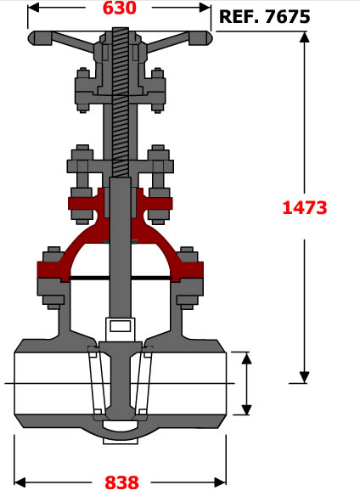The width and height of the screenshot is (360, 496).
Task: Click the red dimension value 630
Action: [x=120, y=8]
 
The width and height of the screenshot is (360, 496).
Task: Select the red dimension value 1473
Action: [x=305, y=208]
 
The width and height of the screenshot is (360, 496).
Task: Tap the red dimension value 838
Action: [x=121, y=482]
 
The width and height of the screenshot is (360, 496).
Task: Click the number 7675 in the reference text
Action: [x=287, y=17]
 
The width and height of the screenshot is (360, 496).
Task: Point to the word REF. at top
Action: [x=239, y=17]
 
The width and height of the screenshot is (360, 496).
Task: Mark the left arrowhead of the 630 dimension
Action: [x=33, y=8]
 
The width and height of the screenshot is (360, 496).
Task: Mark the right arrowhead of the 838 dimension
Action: [x=220, y=482]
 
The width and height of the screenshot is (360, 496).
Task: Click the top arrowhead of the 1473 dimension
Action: [x=304, y=37]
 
